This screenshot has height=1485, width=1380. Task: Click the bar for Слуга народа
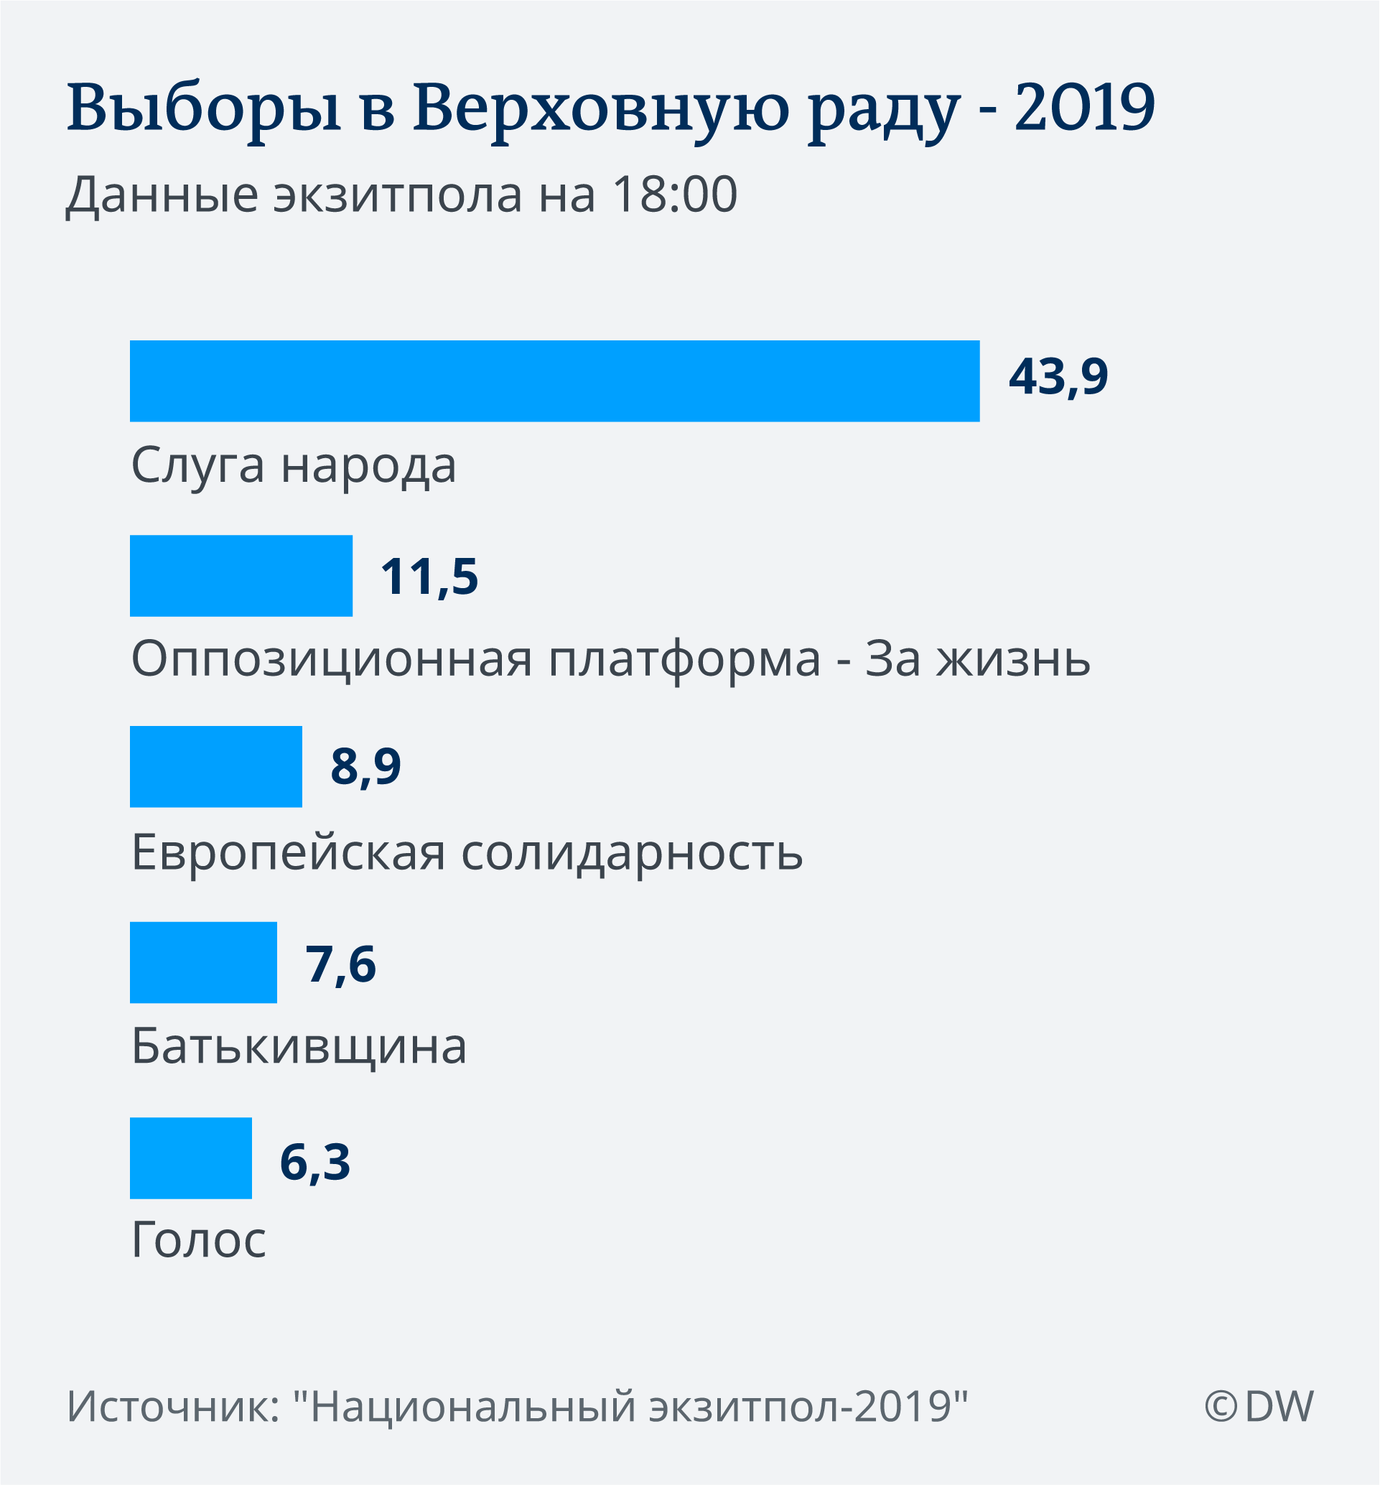pyautogui.click(x=555, y=381)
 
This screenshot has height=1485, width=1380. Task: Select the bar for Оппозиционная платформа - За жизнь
pyautogui.click(x=241, y=575)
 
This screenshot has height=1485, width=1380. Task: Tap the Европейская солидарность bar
pyautogui.click(x=216, y=766)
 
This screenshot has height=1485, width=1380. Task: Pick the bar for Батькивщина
pyautogui.click(x=203, y=962)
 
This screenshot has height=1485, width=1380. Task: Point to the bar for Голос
pyautogui.click(x=190, y=1158)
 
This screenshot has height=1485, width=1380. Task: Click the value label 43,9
pyautogui.click(x=1058, y=376)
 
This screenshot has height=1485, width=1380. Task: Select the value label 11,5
pyautogui.click(x=429, y=577)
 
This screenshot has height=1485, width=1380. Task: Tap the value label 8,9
pyautogui.click(x=366, y=766)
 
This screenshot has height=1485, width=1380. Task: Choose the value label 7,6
pyautogui.click(x=340, y=964)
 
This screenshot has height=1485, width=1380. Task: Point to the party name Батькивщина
pyautogui.click(x=299, y=1046)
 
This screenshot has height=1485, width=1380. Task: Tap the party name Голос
pyautogui.click(x=199, y=1240)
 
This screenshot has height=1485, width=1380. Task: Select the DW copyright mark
pyautogui.click(x=1259, y=1407)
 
